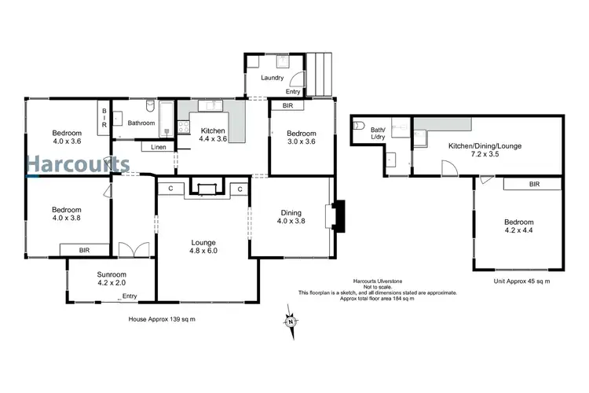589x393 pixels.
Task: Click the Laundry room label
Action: pos(272,78)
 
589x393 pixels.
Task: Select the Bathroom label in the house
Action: pos(141,123)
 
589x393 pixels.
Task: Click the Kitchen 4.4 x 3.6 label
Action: pos(213,134)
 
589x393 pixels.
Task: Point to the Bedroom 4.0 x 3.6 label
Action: pos(67,137)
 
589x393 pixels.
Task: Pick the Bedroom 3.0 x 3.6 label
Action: pos(300,138)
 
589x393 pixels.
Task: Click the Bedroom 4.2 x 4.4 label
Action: pos(518,227)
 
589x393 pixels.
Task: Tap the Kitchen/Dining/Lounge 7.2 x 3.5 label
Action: pos(485,151)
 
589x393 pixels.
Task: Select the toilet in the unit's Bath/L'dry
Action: pos(360,125)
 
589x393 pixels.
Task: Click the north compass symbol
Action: pos(290,320)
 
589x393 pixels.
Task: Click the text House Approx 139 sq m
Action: pos(161,319)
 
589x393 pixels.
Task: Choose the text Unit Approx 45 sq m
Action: pos(521,281)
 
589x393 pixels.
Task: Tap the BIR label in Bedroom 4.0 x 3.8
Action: pos(84,249)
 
